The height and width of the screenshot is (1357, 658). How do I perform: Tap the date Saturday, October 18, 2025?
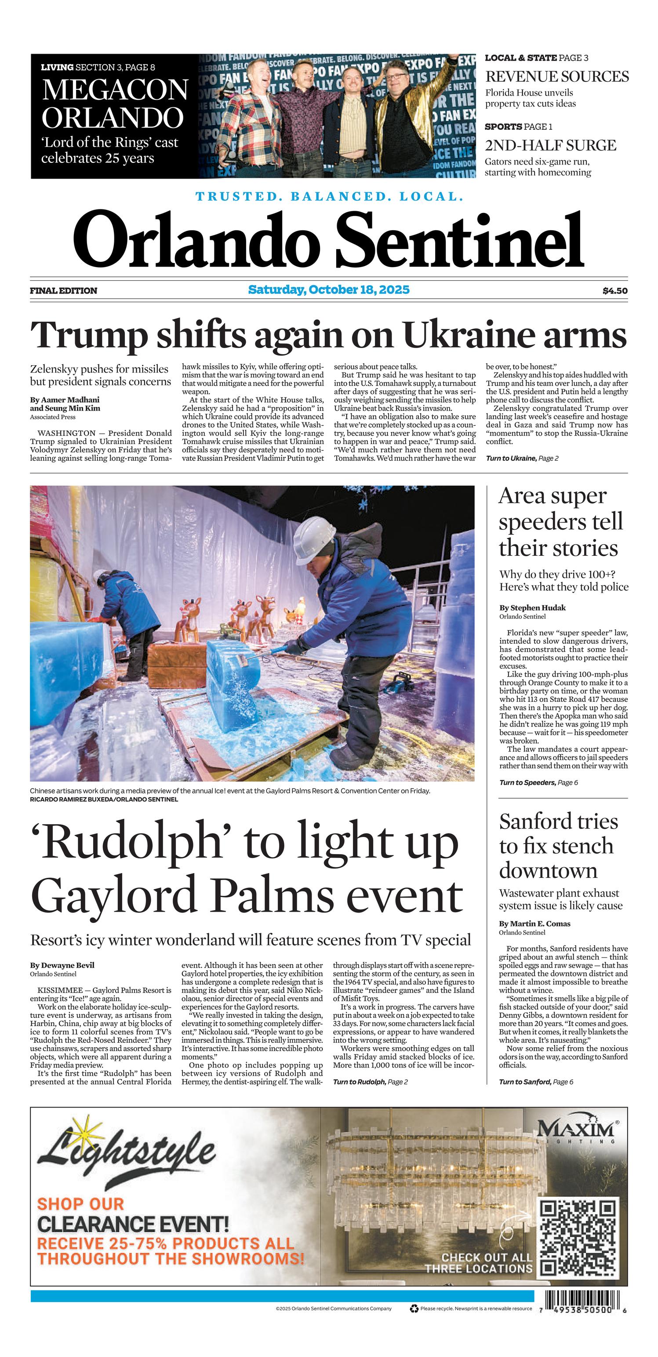tap(328, 290)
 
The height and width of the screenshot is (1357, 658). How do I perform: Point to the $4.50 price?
tap(615, 291)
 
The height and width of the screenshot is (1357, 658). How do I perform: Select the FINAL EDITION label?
tap(64, 291)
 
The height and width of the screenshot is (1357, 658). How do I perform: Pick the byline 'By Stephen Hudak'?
tap(532, 607)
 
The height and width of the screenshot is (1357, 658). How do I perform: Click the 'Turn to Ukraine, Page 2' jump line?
tap(522, 458)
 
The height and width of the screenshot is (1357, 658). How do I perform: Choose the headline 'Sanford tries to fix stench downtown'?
tap(558, 846)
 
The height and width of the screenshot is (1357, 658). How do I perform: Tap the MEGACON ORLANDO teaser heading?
tap(114, 103)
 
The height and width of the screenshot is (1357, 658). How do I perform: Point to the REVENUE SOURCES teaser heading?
tap(556, 77)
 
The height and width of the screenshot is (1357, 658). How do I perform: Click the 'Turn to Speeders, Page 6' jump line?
tap(538, 783)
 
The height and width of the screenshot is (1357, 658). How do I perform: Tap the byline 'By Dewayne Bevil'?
tap(62, 965)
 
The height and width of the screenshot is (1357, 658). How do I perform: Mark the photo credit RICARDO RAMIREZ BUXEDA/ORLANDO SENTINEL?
tap(104, 799)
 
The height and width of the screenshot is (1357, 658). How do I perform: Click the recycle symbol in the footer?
tap(414, 1309)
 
